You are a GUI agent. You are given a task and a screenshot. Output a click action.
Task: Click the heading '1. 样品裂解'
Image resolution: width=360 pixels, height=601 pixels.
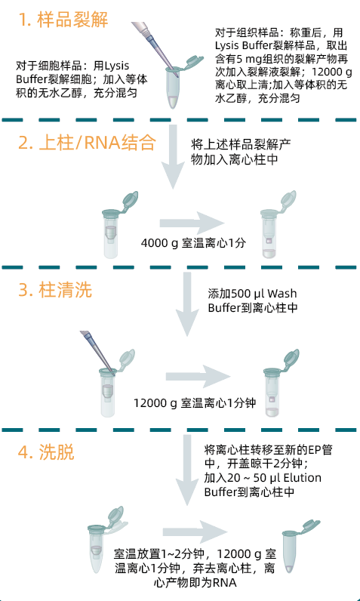pyautogui.click(x=63, y=19)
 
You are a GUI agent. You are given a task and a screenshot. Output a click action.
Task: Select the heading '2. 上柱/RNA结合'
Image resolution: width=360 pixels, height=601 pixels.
pyautogui.click(x=88, y=143)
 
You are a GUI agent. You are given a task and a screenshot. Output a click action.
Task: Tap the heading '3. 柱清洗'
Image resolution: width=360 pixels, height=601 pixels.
pyautogui.click(x=55, y=290)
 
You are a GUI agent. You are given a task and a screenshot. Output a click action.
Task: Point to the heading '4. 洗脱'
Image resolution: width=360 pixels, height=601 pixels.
pyautogui.click(x=46, y=452)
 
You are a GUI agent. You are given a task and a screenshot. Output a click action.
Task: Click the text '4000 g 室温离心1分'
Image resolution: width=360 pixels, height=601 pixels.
pyautogui.click(x=193, y=243)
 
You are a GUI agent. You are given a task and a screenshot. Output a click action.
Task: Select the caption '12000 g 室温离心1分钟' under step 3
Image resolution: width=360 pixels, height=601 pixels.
pyautogui.click(x=195, y=403)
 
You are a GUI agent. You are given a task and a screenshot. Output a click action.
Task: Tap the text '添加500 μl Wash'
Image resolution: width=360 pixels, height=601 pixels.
pyautogui.click(x=252, y=294)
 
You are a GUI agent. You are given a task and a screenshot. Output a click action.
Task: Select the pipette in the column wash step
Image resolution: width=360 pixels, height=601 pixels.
pyautogui.click(x=98, y=352)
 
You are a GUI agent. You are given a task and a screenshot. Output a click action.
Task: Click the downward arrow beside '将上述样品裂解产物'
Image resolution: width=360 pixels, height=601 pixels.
pyautogui.click(x=173, y=156)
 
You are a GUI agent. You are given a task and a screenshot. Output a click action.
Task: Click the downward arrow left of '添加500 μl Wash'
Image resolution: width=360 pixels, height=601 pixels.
pyautogui.click(x=187, y=304)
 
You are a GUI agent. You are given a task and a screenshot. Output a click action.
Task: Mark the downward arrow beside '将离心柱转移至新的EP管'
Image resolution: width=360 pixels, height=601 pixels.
pyautogui.click(x=187, y=470)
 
